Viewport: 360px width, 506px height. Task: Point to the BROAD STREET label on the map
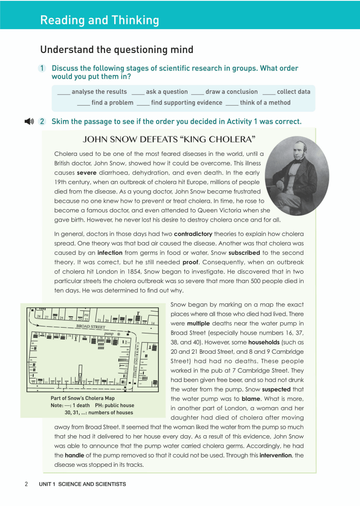pyautogui.click(x=90, y=327)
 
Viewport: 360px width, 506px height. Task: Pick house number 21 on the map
pyautogui.click(x=100, y=321)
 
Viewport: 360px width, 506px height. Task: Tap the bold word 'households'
pyautogui.click(x=264, y=342)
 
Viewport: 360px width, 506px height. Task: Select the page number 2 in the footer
pyautogui.click(x=26, y=484)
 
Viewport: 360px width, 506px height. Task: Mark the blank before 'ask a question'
pyautogui.click(x=138, y=92)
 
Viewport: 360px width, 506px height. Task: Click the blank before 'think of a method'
pyautogui.click(x=232, y=103)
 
